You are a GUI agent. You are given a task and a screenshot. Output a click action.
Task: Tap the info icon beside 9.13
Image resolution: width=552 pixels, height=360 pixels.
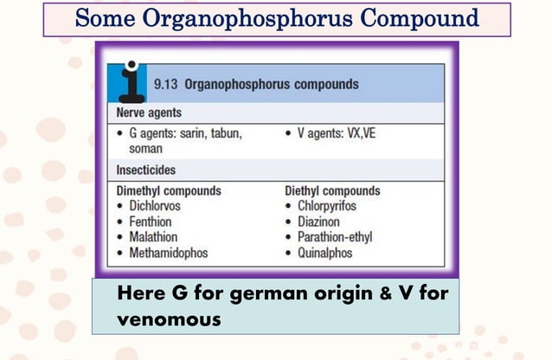(x=130, y=80)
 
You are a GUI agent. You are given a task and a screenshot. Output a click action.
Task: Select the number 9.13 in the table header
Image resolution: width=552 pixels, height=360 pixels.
(x=166, y=85)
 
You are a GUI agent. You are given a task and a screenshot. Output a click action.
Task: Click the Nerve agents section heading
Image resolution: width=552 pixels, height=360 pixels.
(x=147, y=113)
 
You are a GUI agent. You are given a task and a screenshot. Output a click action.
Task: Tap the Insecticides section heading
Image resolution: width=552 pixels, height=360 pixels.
(x=144, y=170)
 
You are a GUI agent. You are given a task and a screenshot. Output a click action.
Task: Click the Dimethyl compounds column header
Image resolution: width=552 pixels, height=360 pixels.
(x=169, y=190)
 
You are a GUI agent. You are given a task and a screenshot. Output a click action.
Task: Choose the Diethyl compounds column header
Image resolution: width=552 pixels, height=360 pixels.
(x=332, y=190)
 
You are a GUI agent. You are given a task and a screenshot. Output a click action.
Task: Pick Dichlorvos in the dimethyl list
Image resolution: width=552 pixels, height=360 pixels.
(x=157, y=206)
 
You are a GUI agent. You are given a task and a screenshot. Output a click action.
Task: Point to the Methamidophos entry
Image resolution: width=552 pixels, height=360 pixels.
(x=169, y=253)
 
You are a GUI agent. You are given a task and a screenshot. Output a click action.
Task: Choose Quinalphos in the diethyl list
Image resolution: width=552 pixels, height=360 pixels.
(x=325, y=253)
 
